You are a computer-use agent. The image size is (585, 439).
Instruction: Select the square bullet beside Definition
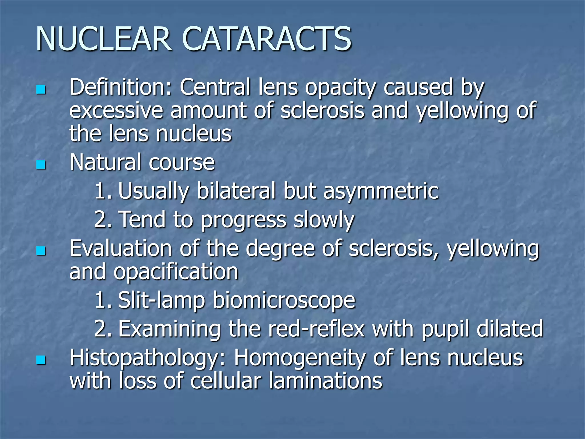[41, 89]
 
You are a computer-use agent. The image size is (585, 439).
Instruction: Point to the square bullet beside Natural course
[41, 165]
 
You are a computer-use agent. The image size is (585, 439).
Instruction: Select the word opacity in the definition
[340, 87]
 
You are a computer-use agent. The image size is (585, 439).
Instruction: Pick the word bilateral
[236, 191]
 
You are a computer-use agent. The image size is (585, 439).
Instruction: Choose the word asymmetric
[381, 191]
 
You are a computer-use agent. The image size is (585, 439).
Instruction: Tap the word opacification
[176, 272]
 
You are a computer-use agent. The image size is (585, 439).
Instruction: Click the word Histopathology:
[148, 358]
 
